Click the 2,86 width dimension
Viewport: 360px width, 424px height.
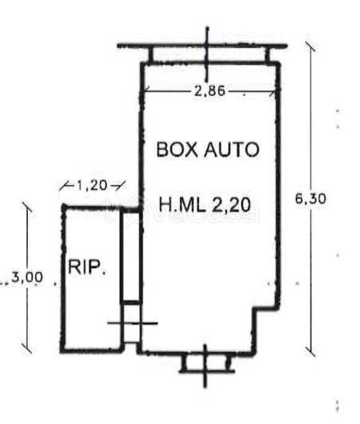tap(209, 91)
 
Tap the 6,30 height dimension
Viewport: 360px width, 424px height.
tap(311, 199)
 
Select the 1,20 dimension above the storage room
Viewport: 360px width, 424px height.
tap(92, 186)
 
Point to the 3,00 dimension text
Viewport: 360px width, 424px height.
tap(27, 277)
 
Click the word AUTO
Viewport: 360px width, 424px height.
tap(232, 149)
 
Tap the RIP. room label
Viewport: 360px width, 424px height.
tap(87, 267)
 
